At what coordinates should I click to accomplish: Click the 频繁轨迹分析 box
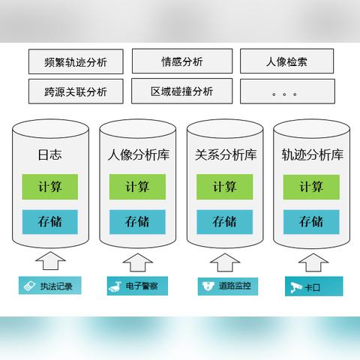tap(76, 61)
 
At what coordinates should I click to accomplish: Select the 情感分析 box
tap(182, 61)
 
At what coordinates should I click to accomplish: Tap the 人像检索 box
tap(287, 61)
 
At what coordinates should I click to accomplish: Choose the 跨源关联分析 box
tap(76, 91)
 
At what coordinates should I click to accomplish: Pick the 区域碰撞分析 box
tap(182, 91)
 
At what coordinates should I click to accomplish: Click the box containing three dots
tap(287, 91)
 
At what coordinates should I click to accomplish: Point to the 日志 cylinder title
tap(49, 154)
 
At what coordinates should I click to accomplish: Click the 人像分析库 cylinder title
tap(139, 154)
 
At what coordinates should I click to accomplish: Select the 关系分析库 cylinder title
tap(226, 154)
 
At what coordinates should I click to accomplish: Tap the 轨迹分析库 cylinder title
tap(313, 154)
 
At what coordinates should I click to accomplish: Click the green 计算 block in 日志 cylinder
tap(50, 187)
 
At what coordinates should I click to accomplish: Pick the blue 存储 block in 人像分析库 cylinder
tap(137, 222)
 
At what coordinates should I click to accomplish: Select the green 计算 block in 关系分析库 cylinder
tap(225, 187)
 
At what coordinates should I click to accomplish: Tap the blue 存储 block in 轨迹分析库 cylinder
tap(311, 222)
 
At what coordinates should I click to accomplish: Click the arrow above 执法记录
tap(50, 261)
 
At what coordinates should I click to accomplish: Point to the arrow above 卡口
tap(313, 262)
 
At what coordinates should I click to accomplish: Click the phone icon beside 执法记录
tap(30, 286)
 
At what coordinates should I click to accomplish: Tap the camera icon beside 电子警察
tap(115, 286)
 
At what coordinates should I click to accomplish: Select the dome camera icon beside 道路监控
tap(208, 286)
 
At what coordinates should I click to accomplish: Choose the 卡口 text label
tap(312, 287)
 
